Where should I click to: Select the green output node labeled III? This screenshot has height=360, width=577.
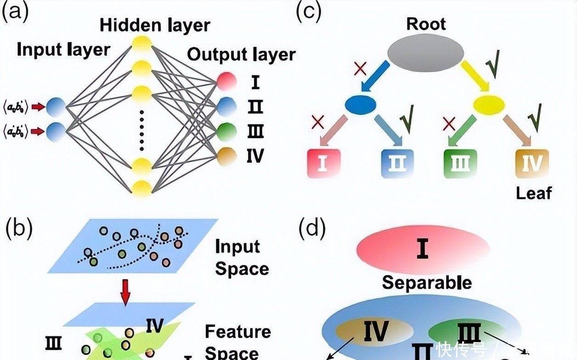(226, 131)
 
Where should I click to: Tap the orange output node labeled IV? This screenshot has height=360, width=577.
(226, 156)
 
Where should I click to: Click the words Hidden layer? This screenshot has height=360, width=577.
(155, 25)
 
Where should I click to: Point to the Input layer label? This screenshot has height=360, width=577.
(63, 50)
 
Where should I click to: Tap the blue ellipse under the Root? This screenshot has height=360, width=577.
(361, 104)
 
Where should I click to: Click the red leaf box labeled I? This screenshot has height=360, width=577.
(323, 163)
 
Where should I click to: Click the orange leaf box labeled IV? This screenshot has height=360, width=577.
(532, 163)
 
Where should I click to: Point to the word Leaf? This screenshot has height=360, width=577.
(533, 193)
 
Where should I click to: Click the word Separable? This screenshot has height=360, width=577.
(426, 282)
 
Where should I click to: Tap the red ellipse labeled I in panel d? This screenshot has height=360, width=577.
(423, 250)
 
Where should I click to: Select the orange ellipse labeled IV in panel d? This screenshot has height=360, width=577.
(374, 331)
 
